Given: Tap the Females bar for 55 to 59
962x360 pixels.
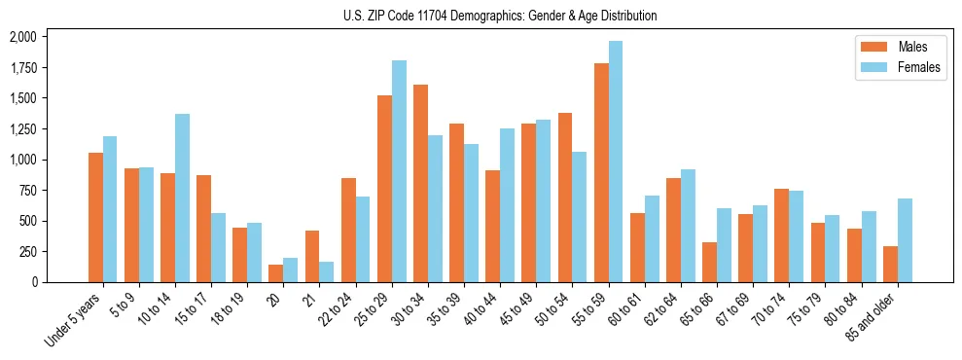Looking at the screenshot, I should [x=616, y=162].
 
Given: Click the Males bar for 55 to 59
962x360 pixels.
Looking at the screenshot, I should [x=601, y=172].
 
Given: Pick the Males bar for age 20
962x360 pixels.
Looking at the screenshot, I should [x=276, y=273].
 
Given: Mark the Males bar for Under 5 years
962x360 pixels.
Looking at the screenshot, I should [x=95, y=217].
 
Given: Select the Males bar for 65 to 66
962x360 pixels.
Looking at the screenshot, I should [x=709, y=262].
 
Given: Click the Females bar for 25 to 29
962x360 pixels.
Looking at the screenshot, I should [x=399, y=171].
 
